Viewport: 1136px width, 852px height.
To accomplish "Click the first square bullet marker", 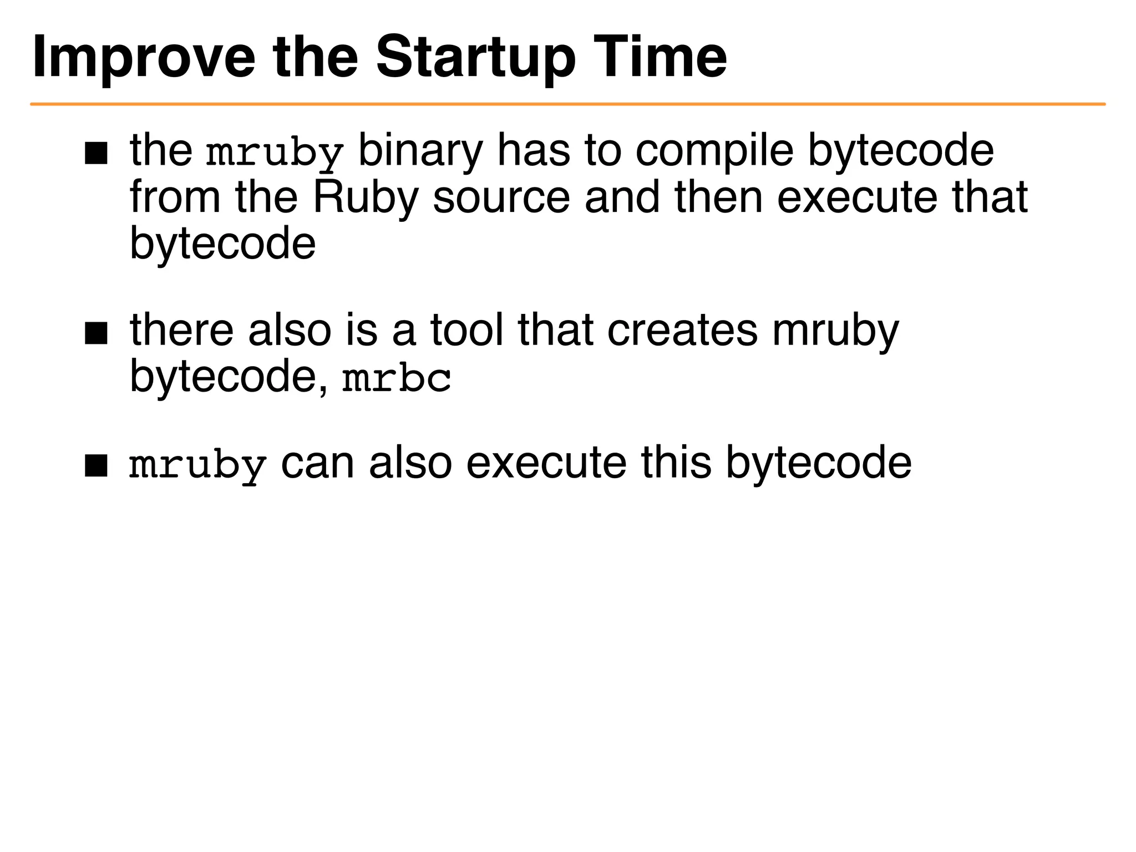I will tap(96, 154).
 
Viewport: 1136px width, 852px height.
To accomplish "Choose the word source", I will tap(501, 199).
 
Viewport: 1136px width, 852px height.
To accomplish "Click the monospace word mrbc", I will tap(397, 379).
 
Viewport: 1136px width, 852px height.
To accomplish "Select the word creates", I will tap(682, 331).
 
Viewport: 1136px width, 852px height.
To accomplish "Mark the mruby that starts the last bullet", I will tap(197, 465).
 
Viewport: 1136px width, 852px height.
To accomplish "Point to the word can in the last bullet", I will tap(317, 464).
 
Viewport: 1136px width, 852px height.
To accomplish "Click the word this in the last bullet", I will tap(676, 463).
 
